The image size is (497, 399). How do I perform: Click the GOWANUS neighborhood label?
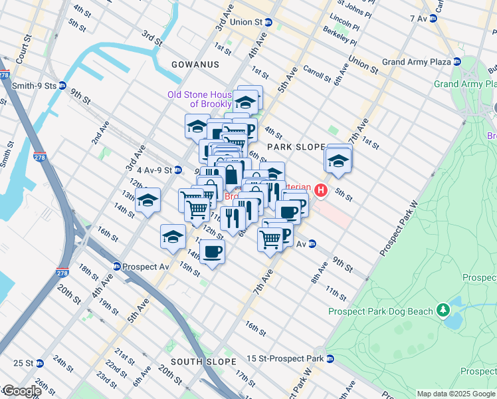(195, 65)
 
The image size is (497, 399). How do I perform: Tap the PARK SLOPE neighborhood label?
(296, 146)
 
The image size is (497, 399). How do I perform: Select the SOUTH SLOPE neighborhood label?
(203, 361)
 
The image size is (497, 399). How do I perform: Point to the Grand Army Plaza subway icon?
(457, 62)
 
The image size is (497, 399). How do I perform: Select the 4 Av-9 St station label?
(149, 170)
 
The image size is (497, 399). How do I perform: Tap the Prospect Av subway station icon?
(117, 266)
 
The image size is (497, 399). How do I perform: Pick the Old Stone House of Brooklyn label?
(199, 99)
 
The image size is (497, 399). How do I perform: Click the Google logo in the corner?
(21, 391)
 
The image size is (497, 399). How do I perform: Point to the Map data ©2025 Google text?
(456, 394)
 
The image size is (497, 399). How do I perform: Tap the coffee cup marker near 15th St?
(212, 252)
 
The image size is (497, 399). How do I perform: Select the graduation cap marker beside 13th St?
(148, 199)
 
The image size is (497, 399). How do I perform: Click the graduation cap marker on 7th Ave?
(338, 161)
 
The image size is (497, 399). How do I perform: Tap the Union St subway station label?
(246, 22)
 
